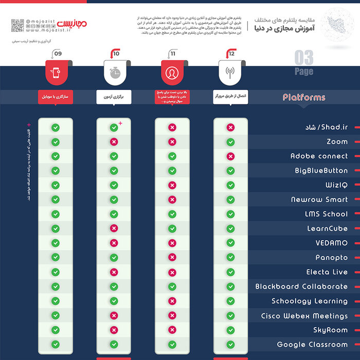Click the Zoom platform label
point(337,141)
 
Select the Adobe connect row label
point(319,156)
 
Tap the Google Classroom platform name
point(312,345)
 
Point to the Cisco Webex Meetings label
point(304,316)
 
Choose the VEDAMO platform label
point(332,243)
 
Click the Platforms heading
point(304,97)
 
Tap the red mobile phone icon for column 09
point(56,73)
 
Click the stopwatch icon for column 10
point(114,73)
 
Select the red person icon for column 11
point(172,73)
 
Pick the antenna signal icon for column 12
point(230,73)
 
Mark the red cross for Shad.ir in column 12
point(230,127)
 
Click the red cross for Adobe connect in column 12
point(230,156)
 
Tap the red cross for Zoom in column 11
point(172,141)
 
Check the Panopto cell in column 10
point(114,257)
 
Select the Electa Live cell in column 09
point(56,272)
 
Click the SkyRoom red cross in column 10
point(114,330)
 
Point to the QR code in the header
point(17,25)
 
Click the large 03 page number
point(304,58)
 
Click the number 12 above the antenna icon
point(232,53)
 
